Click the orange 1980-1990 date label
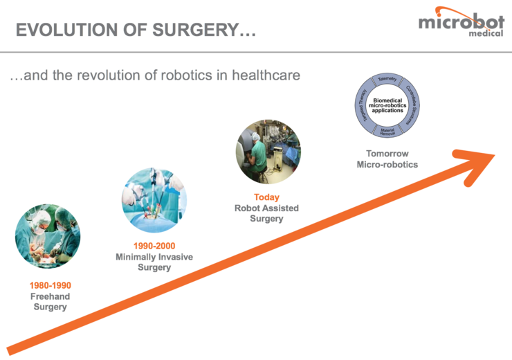click(51, 285)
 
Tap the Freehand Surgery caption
click(51, 302)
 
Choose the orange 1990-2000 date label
click(154, 246)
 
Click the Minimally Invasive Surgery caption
click(154, 262)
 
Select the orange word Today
click(266, 197)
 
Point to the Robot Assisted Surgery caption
click(266, 213)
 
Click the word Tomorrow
click(387, 153)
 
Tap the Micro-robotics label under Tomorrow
click(387, 165)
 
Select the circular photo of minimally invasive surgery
click(154, 199)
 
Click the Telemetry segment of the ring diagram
click(387, 80)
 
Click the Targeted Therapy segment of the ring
click(362, 105)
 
